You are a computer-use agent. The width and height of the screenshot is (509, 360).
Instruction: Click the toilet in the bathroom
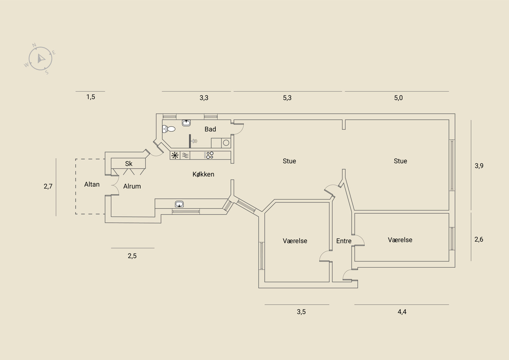[x=169, y=129]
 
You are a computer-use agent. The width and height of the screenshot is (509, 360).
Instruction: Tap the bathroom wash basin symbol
[x=186, y=123]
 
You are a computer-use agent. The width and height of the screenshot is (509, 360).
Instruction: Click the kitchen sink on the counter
[x=179, y=204]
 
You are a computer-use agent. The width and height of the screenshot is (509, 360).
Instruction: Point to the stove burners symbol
[x=209, y=156]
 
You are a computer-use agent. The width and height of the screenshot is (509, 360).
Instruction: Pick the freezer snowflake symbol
[x=175, y=156]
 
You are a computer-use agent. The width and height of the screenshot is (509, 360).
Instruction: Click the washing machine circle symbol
[x=226, y=143]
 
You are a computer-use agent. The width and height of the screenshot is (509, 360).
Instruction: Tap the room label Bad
[x=210, y=129]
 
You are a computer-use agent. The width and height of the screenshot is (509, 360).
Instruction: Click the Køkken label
[x=203, y=174]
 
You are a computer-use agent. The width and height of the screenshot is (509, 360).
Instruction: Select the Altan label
[x=92, y=184]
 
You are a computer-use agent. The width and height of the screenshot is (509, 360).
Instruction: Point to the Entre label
[x=344, y=241]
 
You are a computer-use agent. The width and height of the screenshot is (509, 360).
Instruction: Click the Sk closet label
[x=129, y=163]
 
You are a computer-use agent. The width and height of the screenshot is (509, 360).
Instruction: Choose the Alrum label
[x=132, y=186]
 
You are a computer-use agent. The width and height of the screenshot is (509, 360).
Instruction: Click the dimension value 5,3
[x=287, y=98]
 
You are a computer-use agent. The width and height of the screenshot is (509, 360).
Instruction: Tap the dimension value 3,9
[x=479, y=166]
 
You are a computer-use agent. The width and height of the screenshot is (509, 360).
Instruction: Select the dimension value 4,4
[x=402, y=312]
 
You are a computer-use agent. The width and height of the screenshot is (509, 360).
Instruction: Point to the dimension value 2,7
[x=48, y=186]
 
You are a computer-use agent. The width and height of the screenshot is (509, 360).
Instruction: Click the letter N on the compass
[x=34, y=45]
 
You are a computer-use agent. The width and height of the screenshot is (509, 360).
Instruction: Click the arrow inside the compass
[x=41, y=59]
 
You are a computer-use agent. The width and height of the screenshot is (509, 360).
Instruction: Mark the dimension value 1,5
[x=91, y=97]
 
